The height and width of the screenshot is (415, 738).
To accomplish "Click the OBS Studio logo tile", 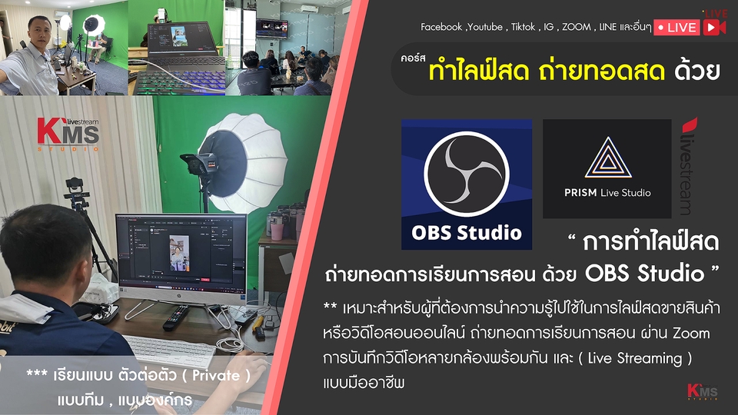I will pos(467,184).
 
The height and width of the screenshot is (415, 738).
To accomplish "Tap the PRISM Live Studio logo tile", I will pos(607,169).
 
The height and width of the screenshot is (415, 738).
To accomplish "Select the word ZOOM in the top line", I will pos(577,28).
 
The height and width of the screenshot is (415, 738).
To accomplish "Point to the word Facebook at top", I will pos(442,28).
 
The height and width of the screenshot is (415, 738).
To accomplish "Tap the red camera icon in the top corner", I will pos(714,26).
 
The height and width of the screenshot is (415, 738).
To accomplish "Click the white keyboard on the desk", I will pos(168,351).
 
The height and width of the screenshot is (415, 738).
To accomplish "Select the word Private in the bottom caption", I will pos(221,377).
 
